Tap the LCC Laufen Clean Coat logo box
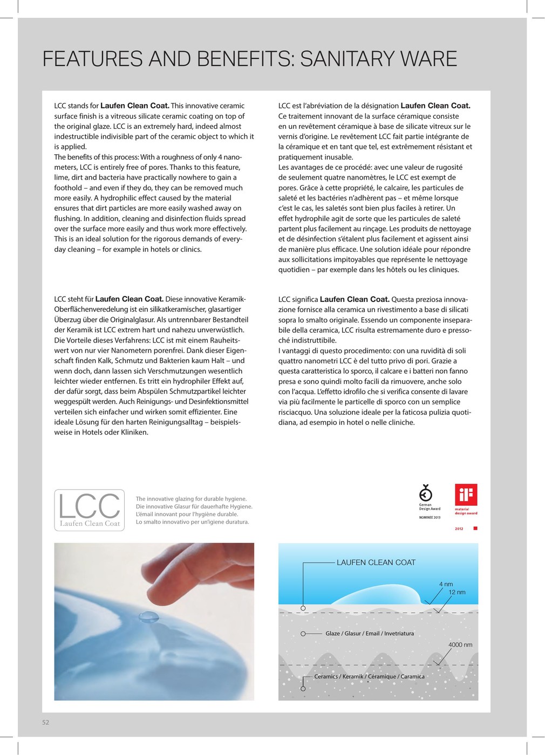[90, 510]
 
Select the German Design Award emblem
[426, 493]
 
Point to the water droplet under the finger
[148, 616]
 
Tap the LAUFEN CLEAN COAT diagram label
[376, 562]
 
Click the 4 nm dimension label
[446, 584]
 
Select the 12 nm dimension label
[457, 592]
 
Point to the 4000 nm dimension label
[460, 644]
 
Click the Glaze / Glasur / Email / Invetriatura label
[370, 634]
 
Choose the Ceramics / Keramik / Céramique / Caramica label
[369, 676]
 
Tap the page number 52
[46, 723]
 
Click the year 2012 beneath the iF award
[459, 528]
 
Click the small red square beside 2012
[475, 528]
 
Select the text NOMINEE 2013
[430, 518]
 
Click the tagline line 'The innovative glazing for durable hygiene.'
[191, 499]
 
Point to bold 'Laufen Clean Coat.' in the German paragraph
[130, 299]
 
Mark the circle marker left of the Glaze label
[303, 634]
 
